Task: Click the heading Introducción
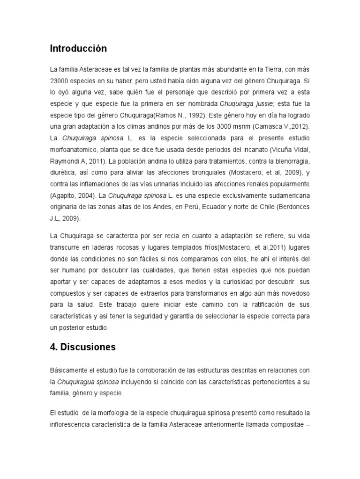pyautogui.click(x=78, y=49)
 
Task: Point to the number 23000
pyautogui.click(x=60, y=80)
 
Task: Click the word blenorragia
pyautogui.click(x=290, y=160)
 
